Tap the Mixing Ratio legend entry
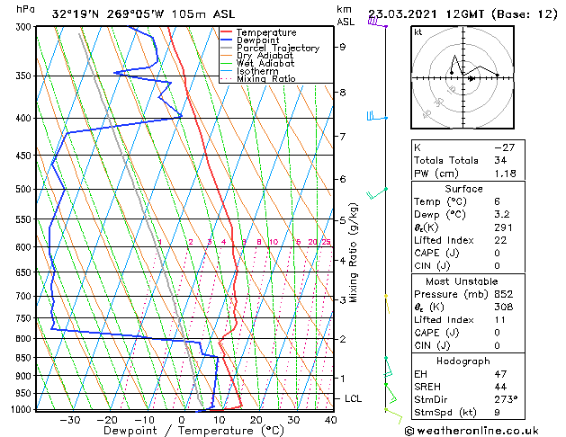[x=267, y=79]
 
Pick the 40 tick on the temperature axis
[x=331, y=420]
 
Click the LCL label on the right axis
[x=354, y=398]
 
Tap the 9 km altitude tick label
[x=343, y=47]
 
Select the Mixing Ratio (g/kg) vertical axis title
[x=355, y=253]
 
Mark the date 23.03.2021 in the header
[x=404, y=13]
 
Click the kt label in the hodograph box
[x=418, y=32]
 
